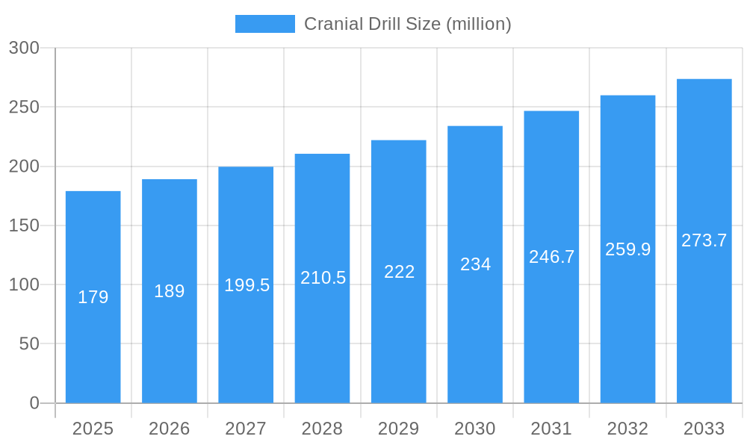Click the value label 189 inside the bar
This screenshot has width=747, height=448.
pos(170,291)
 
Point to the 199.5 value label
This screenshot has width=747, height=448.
pos(247,285)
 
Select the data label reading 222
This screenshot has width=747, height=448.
pos(399,272)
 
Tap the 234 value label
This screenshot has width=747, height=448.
pos(475,264)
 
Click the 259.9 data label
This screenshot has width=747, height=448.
pos(627,249)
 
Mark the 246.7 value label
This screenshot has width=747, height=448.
pos(551,257)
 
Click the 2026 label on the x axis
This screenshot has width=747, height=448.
pos(170,429)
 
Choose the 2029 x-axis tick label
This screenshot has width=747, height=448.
pos(398,429)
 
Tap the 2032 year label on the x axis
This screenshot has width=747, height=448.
pos(627,429)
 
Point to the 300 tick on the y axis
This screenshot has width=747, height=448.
pos(24,48)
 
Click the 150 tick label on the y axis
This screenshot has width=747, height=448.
pos(24,225)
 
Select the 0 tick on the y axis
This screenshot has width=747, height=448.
pos(34,403)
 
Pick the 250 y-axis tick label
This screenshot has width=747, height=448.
pos(24,107)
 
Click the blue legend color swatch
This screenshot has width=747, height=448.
pos(264,24)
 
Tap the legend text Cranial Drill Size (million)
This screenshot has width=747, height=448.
pos(407,24)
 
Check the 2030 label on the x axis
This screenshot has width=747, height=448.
pos(475,429)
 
